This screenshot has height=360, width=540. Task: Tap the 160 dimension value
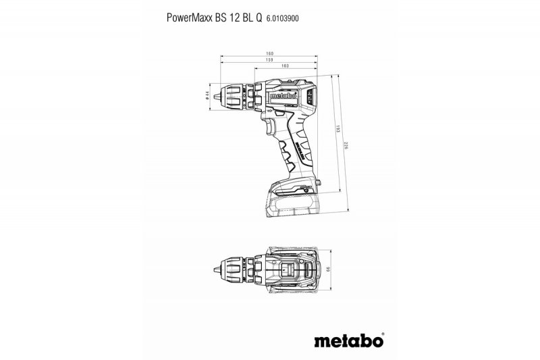pos(270,53)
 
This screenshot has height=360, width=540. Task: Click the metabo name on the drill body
pos(282,96)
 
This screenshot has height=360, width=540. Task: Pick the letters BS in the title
pos(215,19)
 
